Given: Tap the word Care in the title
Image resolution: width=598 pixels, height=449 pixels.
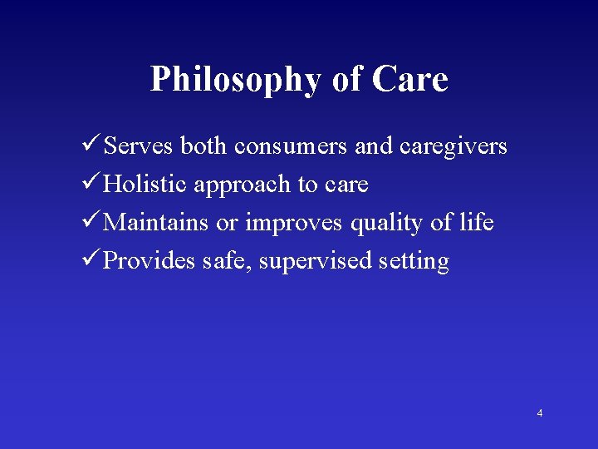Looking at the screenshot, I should pyautogui.click(x=409, y=79).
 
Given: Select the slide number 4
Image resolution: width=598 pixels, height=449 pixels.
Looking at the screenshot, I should pyautogui.click(x=540, y=413).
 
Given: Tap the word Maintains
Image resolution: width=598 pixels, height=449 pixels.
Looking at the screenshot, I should pyautogui.click(x=156, y=223).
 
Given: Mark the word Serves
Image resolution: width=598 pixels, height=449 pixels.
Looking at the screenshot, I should pyautogui.click(x=139, y=146).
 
